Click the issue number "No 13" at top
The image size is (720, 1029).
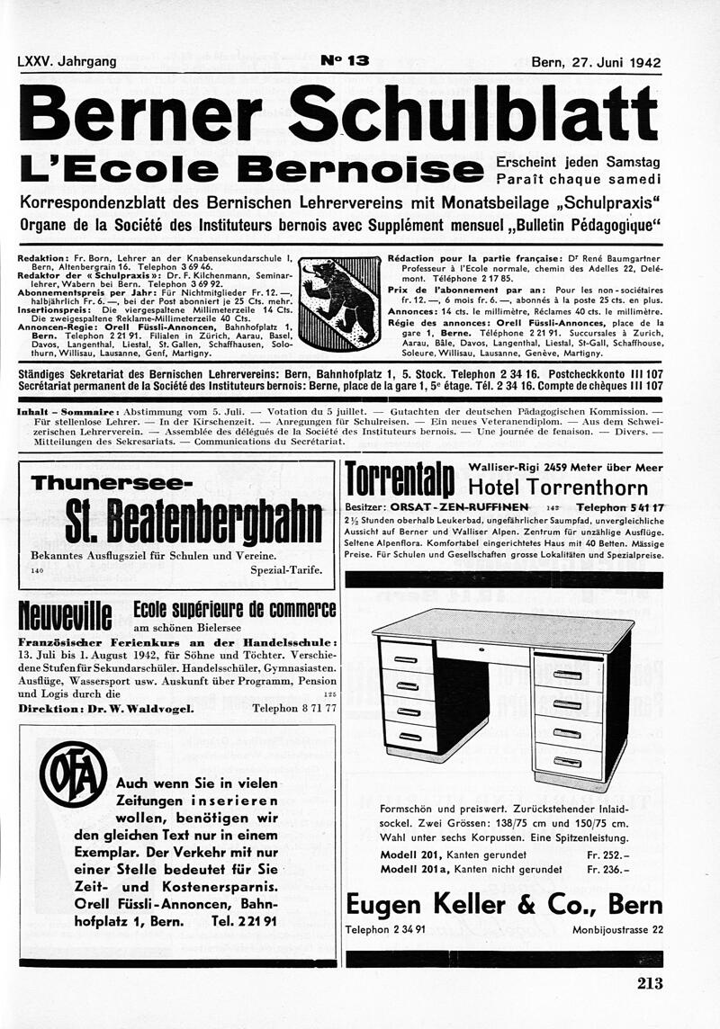(x=345, y=61)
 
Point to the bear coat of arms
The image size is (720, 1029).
(x=339, y=302)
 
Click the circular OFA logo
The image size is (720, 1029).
(x=73, y=774)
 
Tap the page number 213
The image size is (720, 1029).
(x=650, y=983)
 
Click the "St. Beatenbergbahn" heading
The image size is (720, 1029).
(x=193, y=523)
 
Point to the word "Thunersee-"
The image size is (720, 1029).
(x=112, y=483)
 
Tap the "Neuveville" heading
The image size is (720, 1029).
(x=65, y=617)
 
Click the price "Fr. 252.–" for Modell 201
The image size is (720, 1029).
(x=607, y=854)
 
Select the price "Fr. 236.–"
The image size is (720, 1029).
(x=607, y=870)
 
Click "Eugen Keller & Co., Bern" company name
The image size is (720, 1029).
(x=504, y=904)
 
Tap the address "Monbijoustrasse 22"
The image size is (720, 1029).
(x=617, y=929)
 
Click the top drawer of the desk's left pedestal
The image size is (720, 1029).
(x=407, y=657)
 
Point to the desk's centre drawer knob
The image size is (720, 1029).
(x=481, y=647)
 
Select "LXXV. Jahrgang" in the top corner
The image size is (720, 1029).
(x=67, y=62)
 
